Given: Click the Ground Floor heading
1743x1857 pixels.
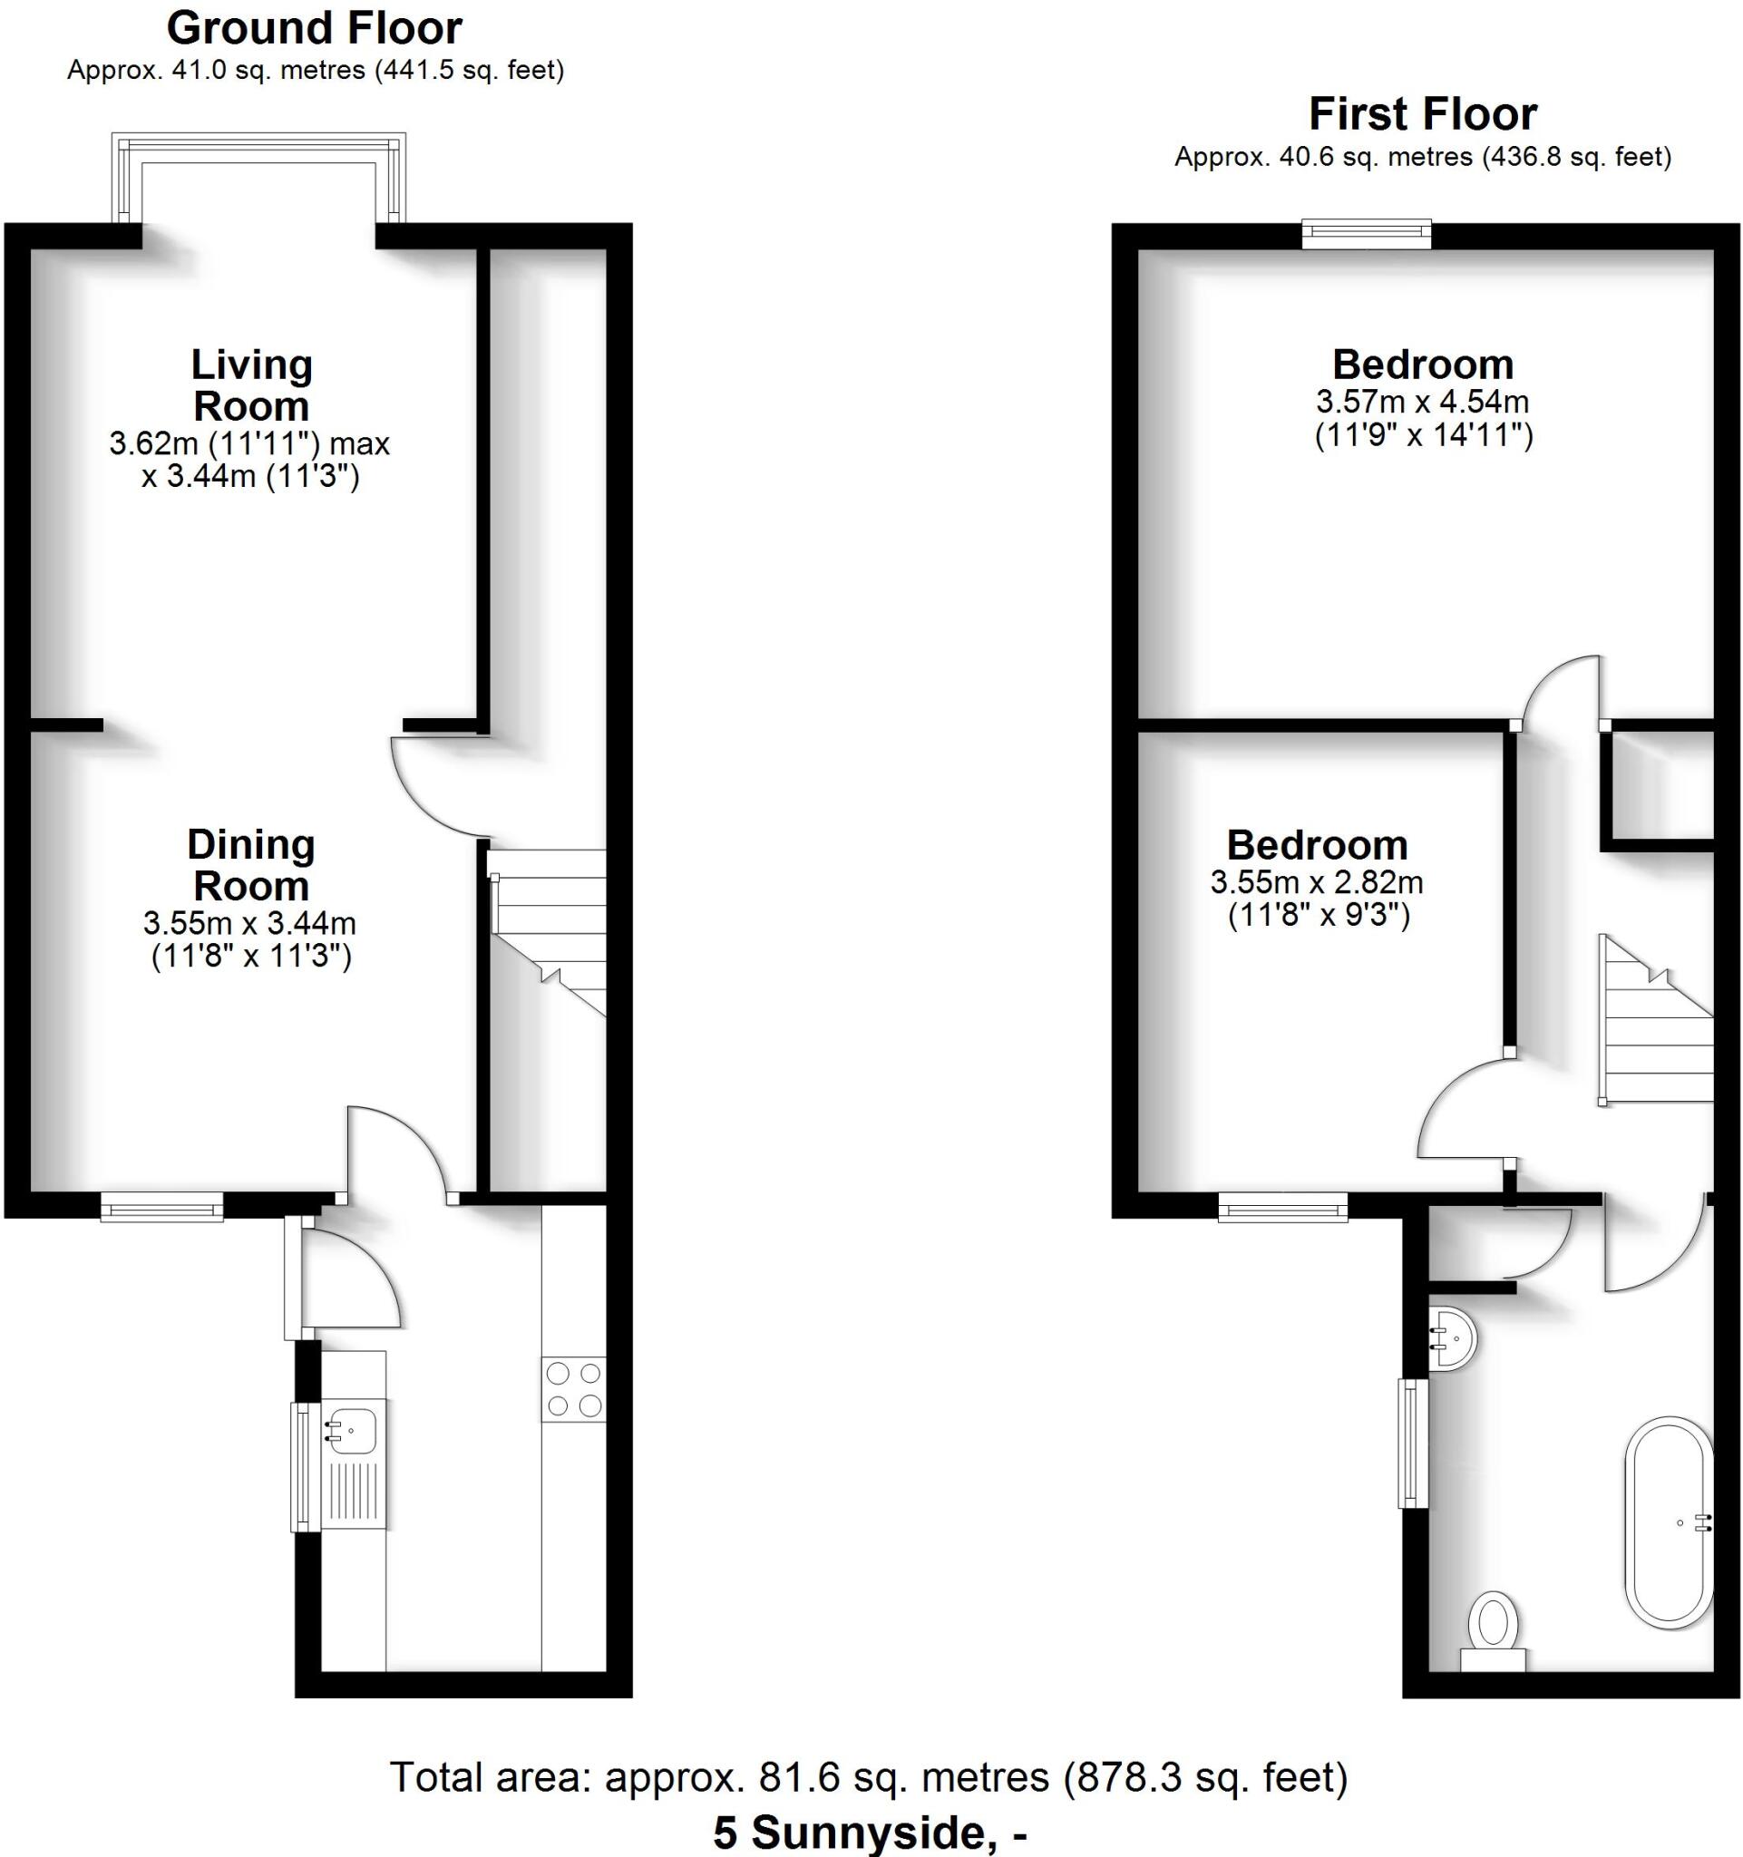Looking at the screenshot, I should (314, 29).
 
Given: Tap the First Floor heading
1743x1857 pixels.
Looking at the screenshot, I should (1422, 115).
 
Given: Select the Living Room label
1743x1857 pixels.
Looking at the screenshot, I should (251, 384).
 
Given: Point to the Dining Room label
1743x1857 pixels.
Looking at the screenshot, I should (251, 865).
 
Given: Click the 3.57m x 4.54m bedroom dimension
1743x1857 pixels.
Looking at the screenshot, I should (1422, 403).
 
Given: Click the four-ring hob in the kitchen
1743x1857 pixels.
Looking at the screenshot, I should (573, 1389).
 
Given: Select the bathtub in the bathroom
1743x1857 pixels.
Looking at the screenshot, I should (1670, 1523).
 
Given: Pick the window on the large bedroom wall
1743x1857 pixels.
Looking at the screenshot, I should (1367, 234).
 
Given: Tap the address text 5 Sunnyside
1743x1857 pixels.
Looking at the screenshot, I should (869, 1833).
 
